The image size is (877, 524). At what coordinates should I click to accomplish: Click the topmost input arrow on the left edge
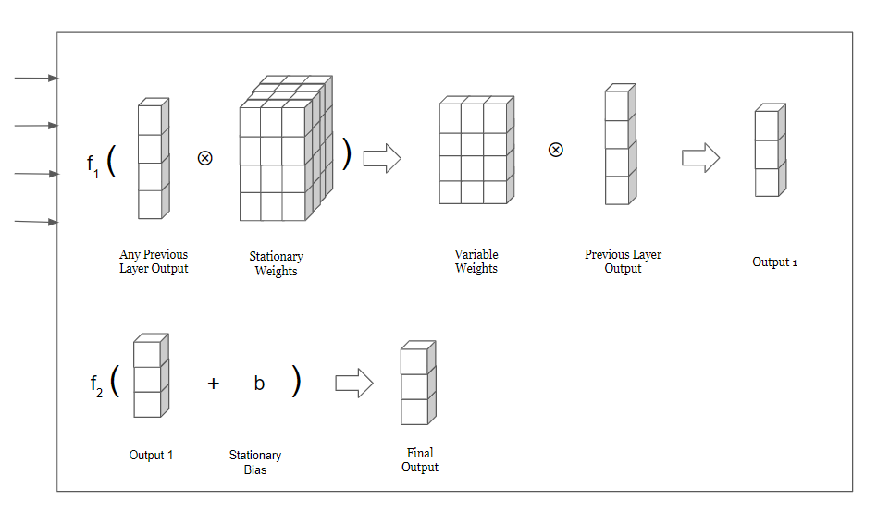pyautogui.click(x=36, y=79)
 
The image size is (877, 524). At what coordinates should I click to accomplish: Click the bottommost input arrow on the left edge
pyautogui.click(x=36, y=222)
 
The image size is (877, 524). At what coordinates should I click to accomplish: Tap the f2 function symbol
pyautogui.click(x=96, y=385)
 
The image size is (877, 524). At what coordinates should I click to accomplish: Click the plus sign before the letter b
pyautogui.click(x=213, y=384)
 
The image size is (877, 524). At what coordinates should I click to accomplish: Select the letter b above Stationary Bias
pyautogui.click(x=259, y=383)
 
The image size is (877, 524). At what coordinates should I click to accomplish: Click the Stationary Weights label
pyautogui.click(x=277, y=263)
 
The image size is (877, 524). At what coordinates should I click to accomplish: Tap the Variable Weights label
pyautogui.click(x=476, y=262)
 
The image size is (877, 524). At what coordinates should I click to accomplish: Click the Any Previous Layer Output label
pyautogui.click(x=154, y=262)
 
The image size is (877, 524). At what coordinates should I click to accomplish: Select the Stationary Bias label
pyautogui.click(x=255, y=463)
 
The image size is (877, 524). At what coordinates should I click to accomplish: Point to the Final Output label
pyautogui.click(x=420, y=460)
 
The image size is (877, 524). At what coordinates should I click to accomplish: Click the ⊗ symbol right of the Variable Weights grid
pyautogui.click(x=555, y=150)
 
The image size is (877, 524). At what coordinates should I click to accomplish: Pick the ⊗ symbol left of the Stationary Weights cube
pyautogui.click(x=205, y=158)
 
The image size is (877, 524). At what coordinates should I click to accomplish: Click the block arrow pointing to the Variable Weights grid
pyautogui.click(x=383, y=158)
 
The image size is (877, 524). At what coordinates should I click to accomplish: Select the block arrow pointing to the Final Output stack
pyautogui.click(x=354, y=384)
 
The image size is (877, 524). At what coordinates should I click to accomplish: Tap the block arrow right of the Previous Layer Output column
pyautogui.click(x=701, y=157)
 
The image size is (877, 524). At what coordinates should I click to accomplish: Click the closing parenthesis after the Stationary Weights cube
pyautogui.click(x=347, y=154)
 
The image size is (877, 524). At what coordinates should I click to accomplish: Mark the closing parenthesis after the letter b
pyautogui.click(x=296, y=381)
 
